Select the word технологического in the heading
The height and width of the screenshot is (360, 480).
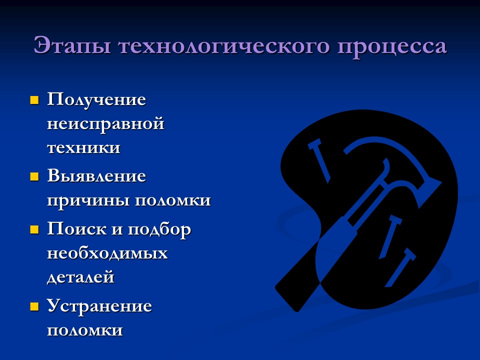coord(222,46)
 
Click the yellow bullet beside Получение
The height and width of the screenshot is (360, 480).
coord(34,100)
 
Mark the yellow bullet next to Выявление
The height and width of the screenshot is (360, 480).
coord(34,176)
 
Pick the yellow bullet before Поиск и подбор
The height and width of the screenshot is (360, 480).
coord(34,230)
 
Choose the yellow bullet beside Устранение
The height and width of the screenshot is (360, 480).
coord(34,306)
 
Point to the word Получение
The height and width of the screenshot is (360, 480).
coord(96,99)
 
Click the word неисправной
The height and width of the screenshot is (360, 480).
coord(105,123)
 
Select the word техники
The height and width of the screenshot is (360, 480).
coord(83,148)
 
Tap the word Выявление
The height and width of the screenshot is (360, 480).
coord(96,176)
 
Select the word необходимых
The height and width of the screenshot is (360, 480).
coord(107,253)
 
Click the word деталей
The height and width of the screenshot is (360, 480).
coord(80,277)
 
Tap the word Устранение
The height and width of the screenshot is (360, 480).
coord(99,306)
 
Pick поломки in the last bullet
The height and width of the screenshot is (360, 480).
coord(84,330)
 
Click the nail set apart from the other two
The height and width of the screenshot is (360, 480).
coord(320,160)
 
